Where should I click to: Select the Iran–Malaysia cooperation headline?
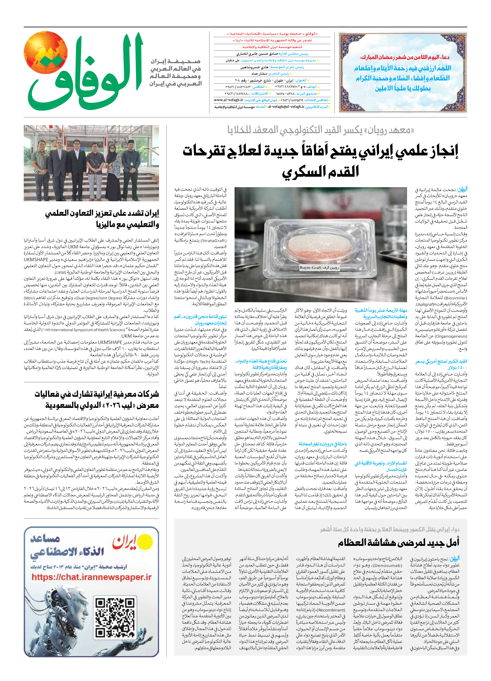tap(102, 219)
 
